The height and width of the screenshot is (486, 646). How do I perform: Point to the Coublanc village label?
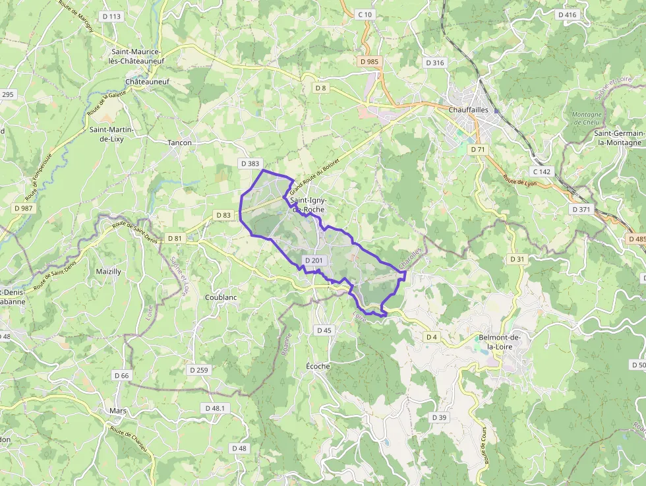(220, 297)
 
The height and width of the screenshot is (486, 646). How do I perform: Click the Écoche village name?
(318, 366)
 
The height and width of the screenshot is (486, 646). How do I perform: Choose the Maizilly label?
(108, 271)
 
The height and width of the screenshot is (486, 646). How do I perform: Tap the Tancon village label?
(179, 142)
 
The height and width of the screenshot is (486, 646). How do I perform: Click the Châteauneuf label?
(148, 82)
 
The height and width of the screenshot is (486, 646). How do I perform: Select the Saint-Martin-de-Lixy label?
(111, 134)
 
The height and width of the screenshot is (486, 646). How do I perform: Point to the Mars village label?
(118, 411)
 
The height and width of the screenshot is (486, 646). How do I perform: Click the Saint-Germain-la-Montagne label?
(618, 138)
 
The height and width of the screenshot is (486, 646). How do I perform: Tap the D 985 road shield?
(369, 61)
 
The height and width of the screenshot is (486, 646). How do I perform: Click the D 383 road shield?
(250, 163)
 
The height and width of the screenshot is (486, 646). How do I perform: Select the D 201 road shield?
(314, 260)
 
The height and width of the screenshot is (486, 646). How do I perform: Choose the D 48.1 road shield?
(215, 408)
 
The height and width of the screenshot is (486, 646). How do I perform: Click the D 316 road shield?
(435, 63)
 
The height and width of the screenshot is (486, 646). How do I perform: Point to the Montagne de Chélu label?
(587, 118)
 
